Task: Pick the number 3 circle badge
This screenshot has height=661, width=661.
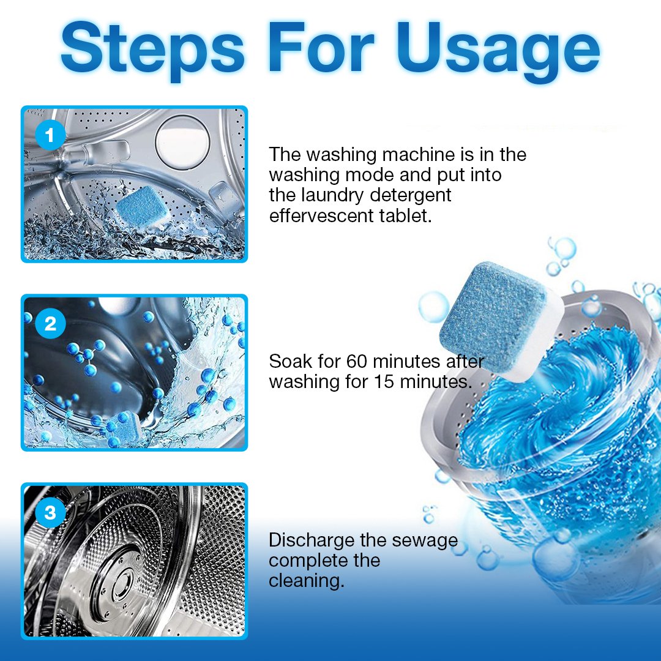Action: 50,513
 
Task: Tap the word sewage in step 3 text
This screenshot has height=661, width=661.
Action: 427,540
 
